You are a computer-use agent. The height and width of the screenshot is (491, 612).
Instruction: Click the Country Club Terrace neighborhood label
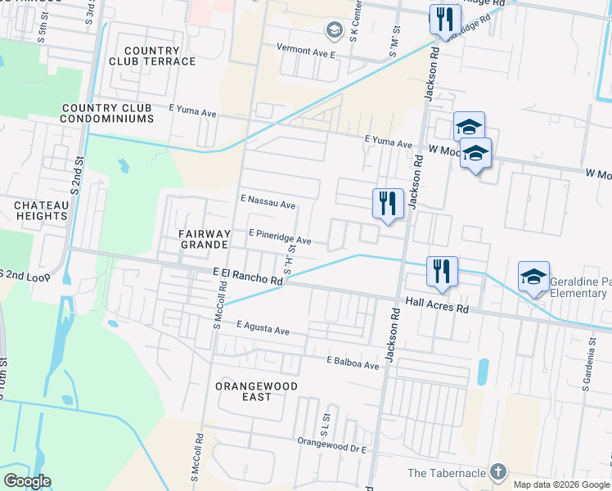[153, 56]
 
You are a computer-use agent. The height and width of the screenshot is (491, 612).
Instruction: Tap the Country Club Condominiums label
[107, 113]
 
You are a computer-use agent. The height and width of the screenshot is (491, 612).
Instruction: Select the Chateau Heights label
[40, 210]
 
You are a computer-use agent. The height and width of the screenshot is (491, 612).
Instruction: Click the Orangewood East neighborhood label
[255, 391]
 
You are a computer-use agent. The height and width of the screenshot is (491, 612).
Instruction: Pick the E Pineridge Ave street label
[280, 239]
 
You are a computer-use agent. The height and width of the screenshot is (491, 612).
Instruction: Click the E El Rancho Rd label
[247, 277]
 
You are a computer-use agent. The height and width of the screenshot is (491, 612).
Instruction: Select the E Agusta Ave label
[263, 329]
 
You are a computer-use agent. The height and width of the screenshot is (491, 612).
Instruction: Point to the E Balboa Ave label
[353, 361]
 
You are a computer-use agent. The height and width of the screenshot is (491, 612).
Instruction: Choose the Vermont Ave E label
[306, 51]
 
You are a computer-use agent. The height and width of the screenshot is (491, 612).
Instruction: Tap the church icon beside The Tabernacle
[497, 472]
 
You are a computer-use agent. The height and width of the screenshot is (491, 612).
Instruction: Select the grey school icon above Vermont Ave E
[334, 31]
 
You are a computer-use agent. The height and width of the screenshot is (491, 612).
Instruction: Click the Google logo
[27, 480]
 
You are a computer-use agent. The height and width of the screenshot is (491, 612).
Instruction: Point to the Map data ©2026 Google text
[561, 484]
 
